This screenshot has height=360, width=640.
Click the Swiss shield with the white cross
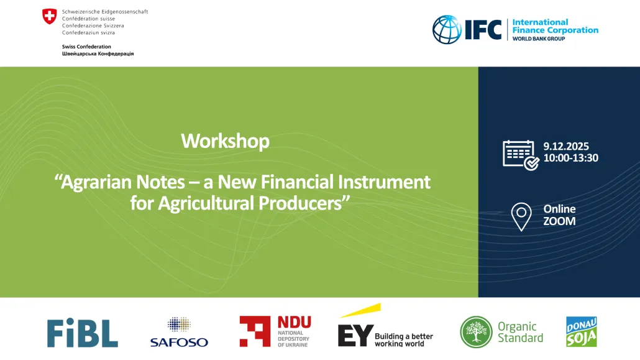[x=49, y=16]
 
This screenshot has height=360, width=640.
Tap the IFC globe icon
[x=447, y=29]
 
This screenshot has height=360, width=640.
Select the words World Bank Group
[x=539, y=39]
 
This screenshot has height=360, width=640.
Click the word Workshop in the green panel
[x=226, y=141]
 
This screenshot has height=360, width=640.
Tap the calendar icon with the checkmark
[x=521, y=155]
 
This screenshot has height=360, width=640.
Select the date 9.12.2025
[x=565, y=146]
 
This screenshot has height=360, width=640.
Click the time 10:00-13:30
[x=570, y=158]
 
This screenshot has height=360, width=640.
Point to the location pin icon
[x=521, y=216]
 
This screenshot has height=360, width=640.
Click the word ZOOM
[x=559, y=221]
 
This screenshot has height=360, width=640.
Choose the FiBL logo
[x=83, y=333]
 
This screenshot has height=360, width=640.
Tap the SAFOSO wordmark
[x=179, y=342]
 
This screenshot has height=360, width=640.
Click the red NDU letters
[x=295, y=322]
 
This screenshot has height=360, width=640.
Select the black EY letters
[x=355, y=336]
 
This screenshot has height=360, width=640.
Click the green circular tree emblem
[x=476, y=332]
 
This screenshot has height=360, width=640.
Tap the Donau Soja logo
[x=582, y=332]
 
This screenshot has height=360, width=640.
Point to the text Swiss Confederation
[x=86, y=47]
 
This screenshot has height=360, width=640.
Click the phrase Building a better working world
[x=404, y=340]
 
